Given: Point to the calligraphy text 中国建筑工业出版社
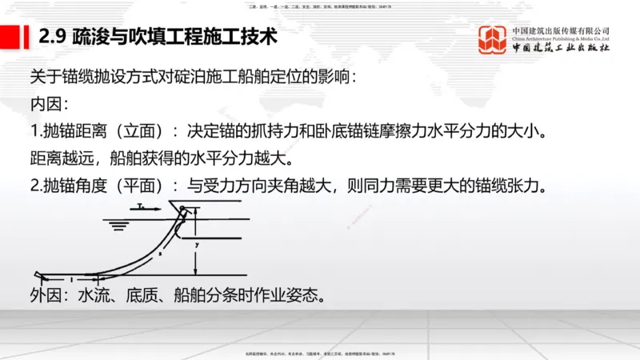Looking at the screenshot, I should point(561,48).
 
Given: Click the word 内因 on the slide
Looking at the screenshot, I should point(46,105).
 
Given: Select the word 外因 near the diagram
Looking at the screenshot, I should point(46,297).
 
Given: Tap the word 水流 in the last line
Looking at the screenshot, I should point(93,297).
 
